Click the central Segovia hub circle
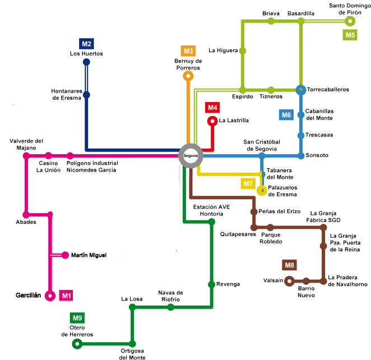[191, 156]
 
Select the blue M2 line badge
[86, 43]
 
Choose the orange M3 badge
[188, 51]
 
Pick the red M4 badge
[212, 107]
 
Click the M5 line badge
[350, 35]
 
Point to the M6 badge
[286, 115]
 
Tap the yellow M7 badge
[248, 183]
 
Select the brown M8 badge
[289, 265]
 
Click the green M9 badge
[77, 317]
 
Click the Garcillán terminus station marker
[50, 296]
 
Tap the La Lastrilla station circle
[212, 121]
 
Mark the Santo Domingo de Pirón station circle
[350, 21]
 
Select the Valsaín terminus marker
[289, 280]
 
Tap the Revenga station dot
[211, 284]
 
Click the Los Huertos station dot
[86, 62]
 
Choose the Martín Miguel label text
[89, 255]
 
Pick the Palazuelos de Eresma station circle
[261, 191]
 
